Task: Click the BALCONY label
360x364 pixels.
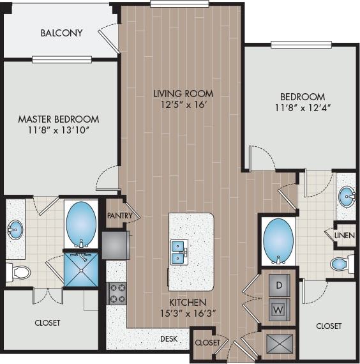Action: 61,33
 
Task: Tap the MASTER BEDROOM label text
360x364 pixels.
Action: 59,119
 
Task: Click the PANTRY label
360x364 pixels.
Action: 119,216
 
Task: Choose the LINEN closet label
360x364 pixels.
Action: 345,235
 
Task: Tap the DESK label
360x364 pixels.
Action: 169,338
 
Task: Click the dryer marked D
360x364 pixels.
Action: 279,285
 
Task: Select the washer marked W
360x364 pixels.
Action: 279,308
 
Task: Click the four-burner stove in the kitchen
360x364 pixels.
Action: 117,292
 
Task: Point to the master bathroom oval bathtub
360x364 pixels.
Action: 81,223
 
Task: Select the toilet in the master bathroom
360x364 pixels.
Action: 19,273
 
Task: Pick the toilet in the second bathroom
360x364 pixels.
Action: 341,263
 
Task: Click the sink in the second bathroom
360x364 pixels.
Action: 347,197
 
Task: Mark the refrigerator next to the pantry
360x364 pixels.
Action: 116,244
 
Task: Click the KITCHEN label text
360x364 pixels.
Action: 187,302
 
